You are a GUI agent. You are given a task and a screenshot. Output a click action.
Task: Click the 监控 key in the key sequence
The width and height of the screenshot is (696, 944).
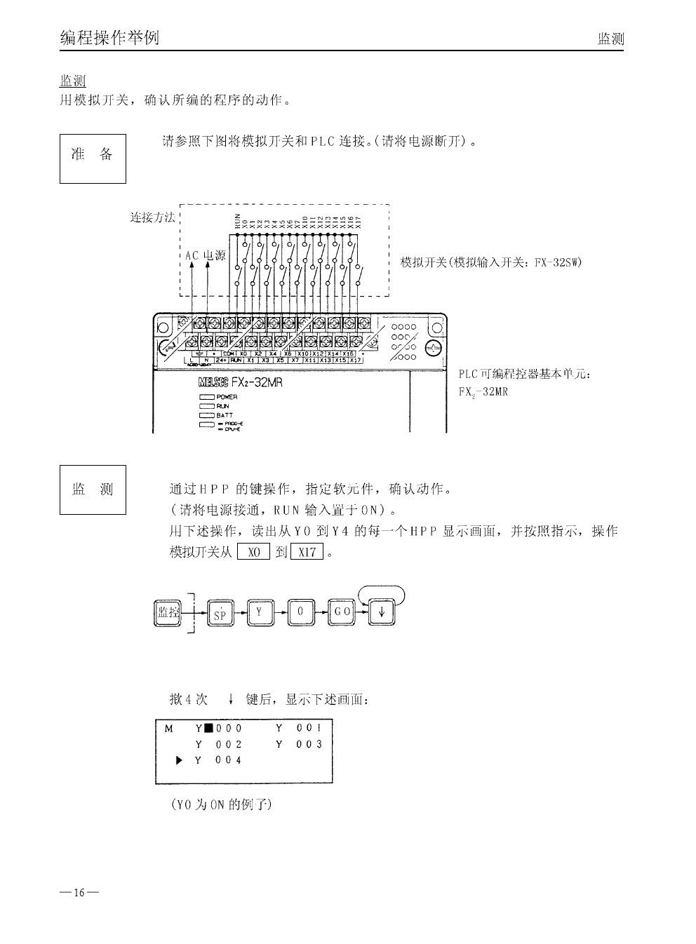click(167, 612)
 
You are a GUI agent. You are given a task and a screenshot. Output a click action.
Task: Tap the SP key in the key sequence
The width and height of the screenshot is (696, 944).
click(220, 613)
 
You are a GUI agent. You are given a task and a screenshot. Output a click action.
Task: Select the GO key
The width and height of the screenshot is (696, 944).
click(342, 612)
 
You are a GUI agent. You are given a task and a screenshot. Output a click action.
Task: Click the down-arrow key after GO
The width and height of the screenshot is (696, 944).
click(382, 612)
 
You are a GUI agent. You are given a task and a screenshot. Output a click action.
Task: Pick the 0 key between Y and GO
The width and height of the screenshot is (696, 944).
click(300, 612)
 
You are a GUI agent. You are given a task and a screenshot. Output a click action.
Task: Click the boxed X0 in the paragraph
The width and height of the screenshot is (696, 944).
click(253, 552)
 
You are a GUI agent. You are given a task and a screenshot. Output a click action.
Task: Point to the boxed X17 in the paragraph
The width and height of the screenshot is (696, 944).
click(307, 552)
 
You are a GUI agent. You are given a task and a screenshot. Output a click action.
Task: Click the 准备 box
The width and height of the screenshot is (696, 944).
click(93, 159)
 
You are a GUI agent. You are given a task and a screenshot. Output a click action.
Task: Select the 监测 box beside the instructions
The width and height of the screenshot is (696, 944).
click(93, 490)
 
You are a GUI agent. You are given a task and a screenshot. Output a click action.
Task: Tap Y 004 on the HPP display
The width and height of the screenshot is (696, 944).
click(218, 760)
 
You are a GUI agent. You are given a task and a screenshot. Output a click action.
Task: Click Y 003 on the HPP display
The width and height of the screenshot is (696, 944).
click(299, 744)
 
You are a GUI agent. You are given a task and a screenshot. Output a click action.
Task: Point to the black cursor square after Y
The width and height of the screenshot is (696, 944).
click(208, 729)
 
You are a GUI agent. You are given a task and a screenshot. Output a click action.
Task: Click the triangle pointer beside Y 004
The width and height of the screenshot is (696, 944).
click(180, 760)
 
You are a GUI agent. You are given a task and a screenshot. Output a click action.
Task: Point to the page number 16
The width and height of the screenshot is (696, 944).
click(79, 893)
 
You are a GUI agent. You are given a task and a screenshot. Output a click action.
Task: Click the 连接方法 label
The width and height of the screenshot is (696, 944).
click(152, 217)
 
